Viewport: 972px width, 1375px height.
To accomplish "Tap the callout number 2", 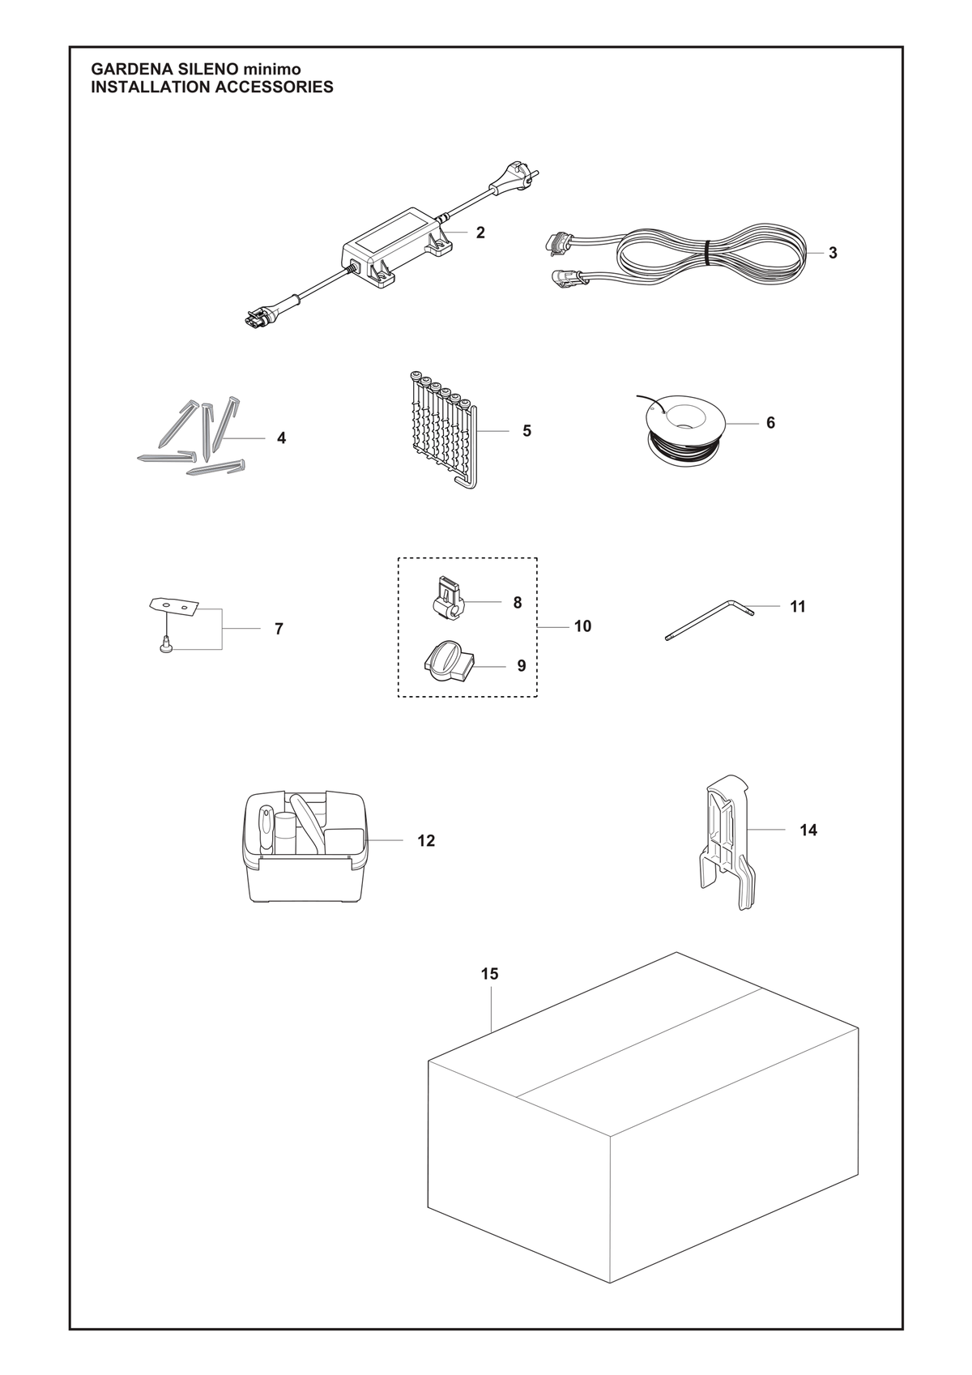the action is (x=480, y=233).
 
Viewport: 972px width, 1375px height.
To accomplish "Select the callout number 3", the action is (x=833, y=253).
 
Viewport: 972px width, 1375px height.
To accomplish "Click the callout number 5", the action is (x=527, y=431).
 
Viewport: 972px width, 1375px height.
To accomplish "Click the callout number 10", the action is (x=582, y=626).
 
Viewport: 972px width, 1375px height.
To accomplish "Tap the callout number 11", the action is (x=797, y=606).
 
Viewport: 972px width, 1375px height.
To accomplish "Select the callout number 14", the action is (x=808, y=830).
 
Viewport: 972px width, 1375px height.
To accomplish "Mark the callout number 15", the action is (x=490, y=974).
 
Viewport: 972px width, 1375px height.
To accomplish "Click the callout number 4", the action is (x=282, y=438).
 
